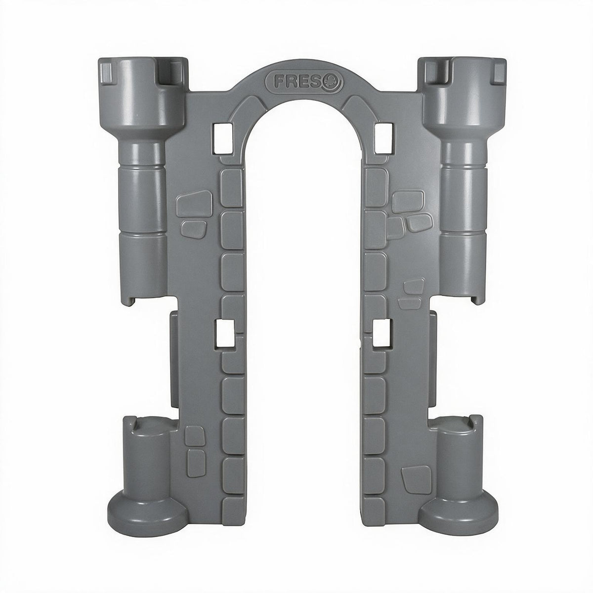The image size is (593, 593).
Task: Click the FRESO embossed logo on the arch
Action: click(304, 82)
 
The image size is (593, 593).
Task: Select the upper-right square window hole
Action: click(384, 138)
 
